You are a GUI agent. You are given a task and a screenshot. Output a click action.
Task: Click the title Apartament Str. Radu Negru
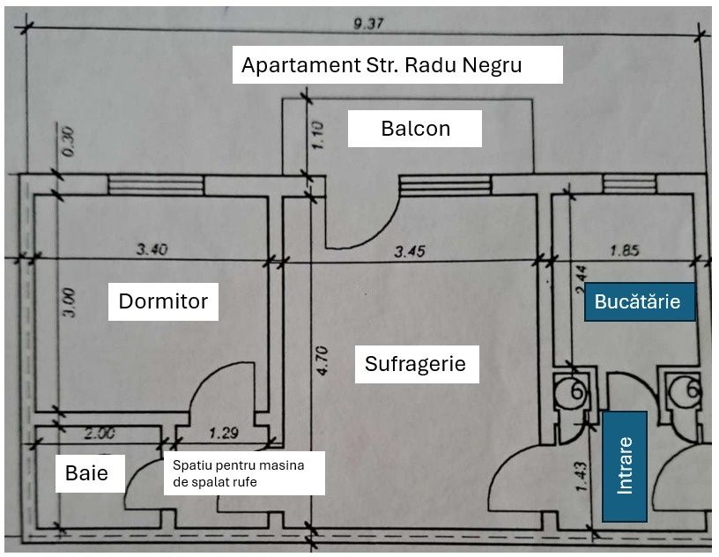[397, 65]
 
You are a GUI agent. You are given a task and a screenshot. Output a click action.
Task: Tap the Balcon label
[415, 129]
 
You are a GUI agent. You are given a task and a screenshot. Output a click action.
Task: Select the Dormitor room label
[163, 301]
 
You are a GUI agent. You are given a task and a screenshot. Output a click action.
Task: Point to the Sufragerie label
[416, 363]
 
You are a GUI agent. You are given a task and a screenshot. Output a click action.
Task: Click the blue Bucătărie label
[638, 301]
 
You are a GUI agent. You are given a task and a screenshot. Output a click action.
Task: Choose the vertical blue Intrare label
[625, 465]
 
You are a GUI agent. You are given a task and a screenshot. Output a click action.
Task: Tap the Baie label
[86, 473]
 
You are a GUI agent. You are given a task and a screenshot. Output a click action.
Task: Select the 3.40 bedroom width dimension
[152, 250]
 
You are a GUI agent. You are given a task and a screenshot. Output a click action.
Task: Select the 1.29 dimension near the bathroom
[225, 433]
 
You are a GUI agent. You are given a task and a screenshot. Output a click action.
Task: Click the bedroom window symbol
[156, 184]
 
